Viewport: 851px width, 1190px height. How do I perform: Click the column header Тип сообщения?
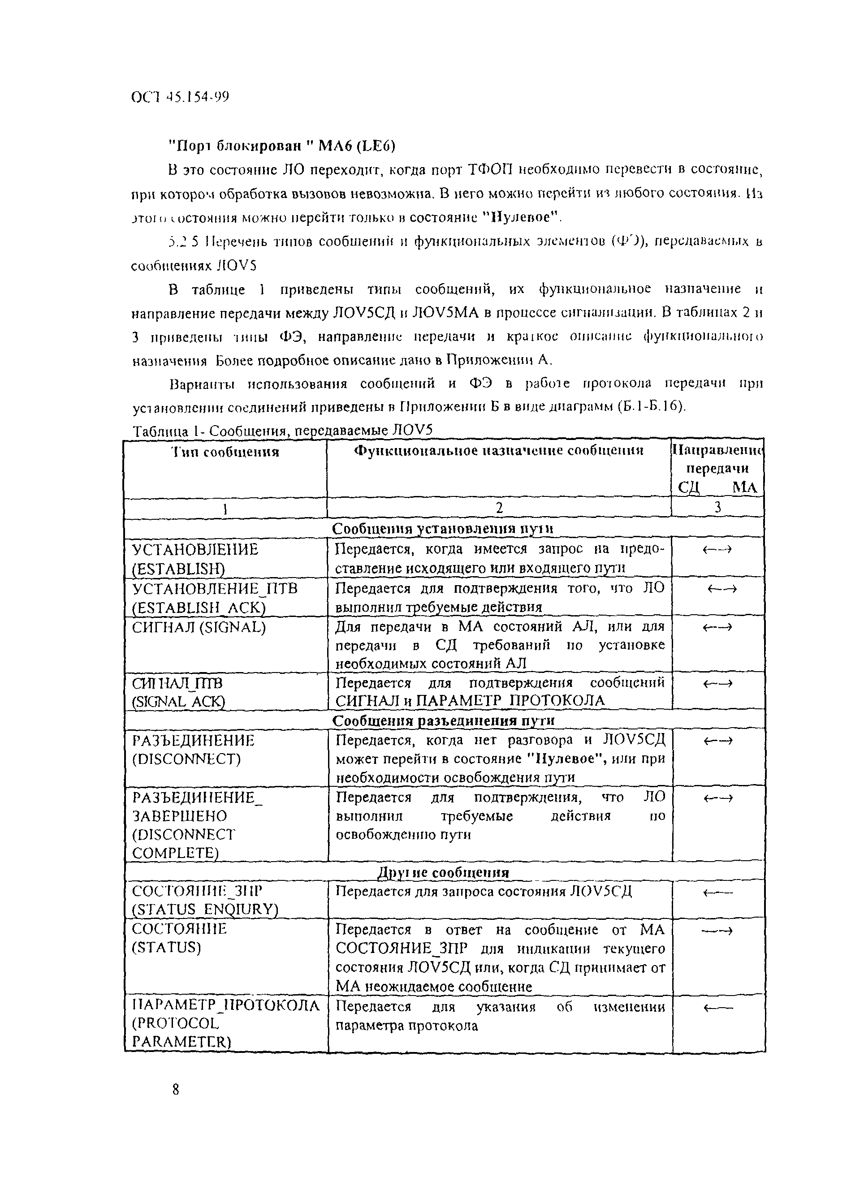pos(225,452)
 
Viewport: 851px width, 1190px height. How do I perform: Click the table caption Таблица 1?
pos(283,431)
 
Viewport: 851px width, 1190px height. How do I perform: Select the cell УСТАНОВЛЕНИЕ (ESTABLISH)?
pos(195,559)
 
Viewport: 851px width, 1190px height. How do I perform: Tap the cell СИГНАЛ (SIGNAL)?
pos(199,627)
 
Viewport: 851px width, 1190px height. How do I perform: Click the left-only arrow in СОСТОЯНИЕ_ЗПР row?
pos(717,894)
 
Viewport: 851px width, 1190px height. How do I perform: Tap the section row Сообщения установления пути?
pos(443,529)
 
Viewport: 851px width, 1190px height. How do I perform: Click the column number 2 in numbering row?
pos(499,508)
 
